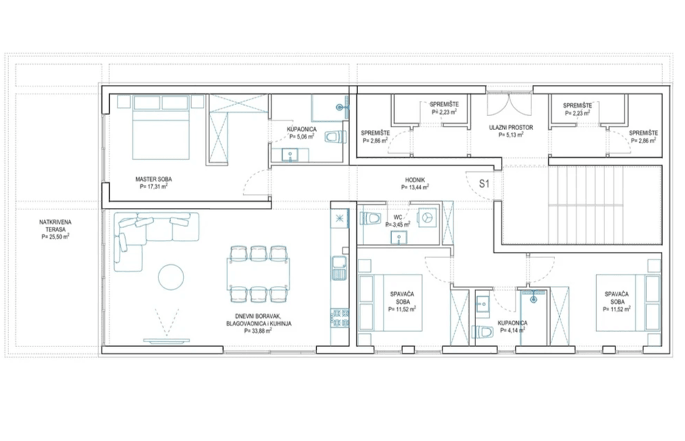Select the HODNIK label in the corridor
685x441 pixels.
tap(415, 179)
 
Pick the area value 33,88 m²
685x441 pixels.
tap(258, 331)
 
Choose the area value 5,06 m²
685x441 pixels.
tap(302, 137)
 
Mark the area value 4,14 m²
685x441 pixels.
tap(512, 331)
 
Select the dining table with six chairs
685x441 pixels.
tap(258, 273)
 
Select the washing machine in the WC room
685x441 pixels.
tap(427, 217)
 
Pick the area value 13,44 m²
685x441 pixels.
tap(415, 187)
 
